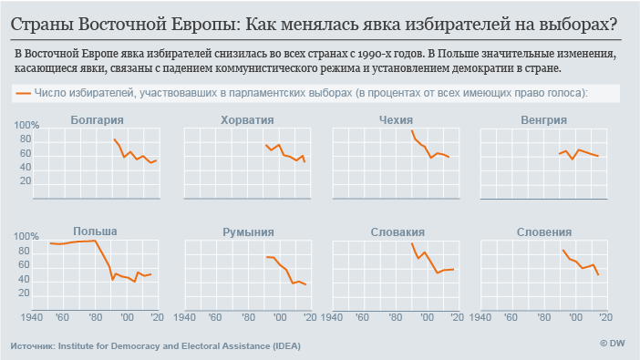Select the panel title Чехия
[395, 119]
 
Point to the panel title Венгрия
[543, 119]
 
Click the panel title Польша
[95, 231]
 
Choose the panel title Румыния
[247, 232]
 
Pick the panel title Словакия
[397, 232]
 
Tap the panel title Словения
[543, 232]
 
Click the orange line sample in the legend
[23, 93]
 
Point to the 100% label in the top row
[27, 126]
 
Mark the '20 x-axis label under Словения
[604, 316]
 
